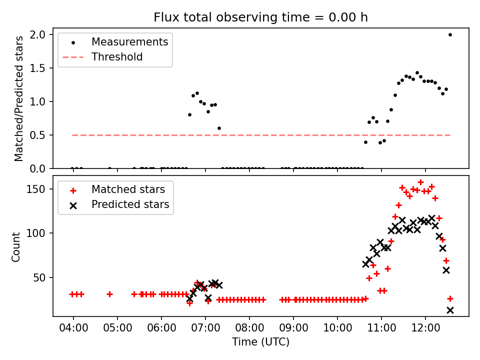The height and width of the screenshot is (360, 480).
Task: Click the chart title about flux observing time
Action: pos(260,17)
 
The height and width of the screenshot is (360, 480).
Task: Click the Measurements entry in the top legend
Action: pos(129,42)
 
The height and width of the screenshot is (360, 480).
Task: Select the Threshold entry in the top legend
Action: pos(117,57)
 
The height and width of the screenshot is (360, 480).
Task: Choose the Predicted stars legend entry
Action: pos(130,204)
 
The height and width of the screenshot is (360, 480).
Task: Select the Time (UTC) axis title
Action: pos(260,342)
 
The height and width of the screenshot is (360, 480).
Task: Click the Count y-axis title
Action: pos(16,246)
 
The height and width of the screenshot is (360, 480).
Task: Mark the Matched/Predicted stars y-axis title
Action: pos(19,98)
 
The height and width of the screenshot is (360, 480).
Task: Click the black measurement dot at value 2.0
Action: pos(450,34)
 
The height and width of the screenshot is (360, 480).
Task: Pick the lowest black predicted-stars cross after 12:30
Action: pos(450,310)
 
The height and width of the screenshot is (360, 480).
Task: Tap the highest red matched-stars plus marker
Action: pos(420,182)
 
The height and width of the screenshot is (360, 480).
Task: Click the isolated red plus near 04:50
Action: pos(109,294)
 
